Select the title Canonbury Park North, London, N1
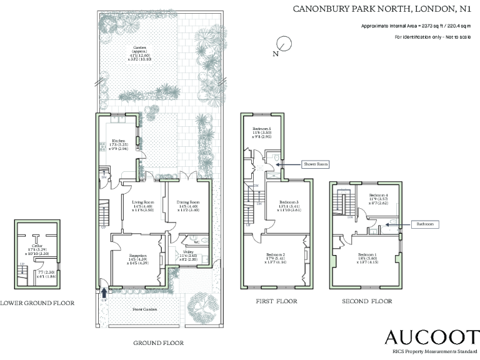tap(383, 8)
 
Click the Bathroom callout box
tap(422, 223)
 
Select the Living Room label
tap(144, 202)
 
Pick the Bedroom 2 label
tap(275, 255)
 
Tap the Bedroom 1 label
tap(367, 255)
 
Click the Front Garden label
tap(144, 309)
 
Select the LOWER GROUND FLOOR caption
tap(37, 303)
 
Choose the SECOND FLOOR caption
tap(366, 301)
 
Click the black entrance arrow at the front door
tap(103, 291)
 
